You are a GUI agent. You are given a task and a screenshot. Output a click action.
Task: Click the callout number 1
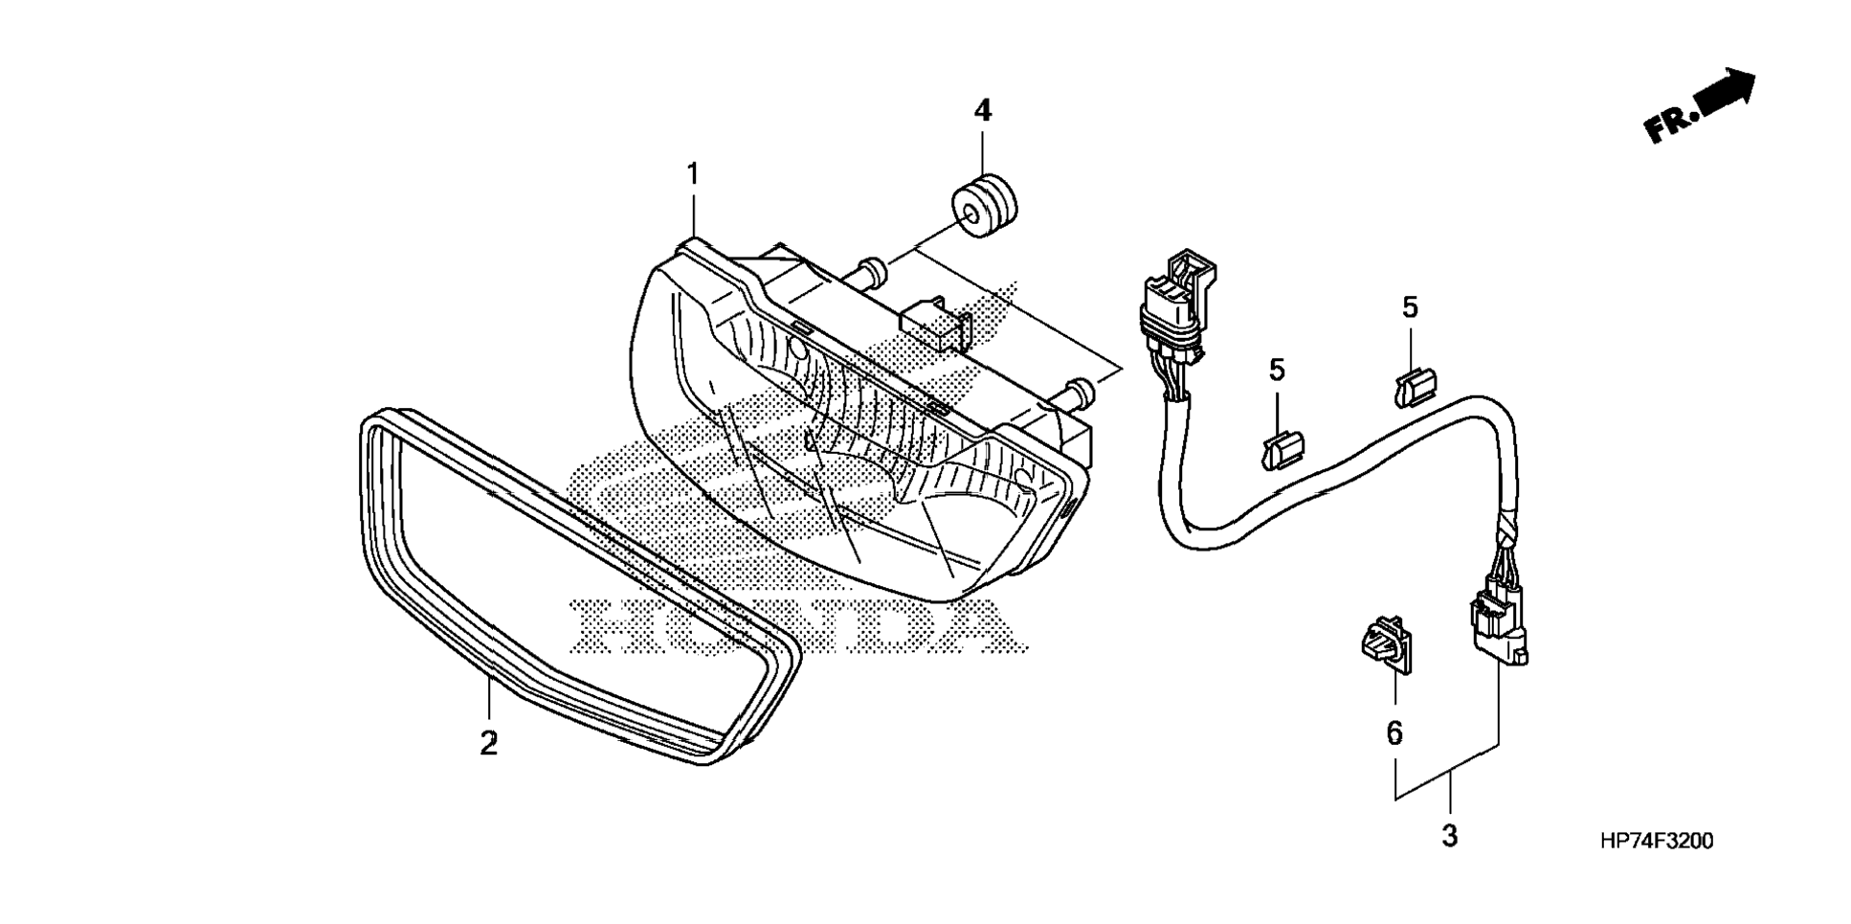point(692,175)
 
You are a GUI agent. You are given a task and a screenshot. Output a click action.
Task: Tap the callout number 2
point(489,743)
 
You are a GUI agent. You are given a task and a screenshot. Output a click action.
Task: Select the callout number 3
point(1449,836)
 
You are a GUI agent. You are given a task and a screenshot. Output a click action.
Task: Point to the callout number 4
point(983,111)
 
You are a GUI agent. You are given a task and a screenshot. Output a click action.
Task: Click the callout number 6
point(1394,732)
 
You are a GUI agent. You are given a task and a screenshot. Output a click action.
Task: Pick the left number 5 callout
point(1277,370)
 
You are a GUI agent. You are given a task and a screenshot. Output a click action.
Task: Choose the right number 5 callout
point(1410,307)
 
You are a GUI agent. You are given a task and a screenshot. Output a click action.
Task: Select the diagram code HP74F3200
point(1656,842)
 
